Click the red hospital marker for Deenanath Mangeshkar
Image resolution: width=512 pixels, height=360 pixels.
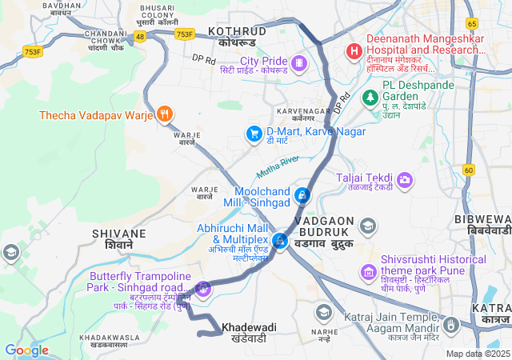click(x=353, y=52)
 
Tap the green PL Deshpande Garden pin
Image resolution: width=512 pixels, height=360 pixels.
click(x=370, y=98)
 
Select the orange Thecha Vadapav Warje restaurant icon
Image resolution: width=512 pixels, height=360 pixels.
click(x=165, y=114)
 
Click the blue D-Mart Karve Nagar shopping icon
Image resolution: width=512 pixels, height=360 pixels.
click(x=254, y=133)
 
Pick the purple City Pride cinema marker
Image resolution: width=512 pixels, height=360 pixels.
click(x=298, y=62)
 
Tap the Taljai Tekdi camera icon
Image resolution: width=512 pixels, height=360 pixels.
click(x=405, y=180)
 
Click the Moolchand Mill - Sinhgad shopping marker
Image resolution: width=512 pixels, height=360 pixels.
click(x=302, y=194)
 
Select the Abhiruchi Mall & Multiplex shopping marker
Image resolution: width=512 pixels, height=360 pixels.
click(x=280, y=240)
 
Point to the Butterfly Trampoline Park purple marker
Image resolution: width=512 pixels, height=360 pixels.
click(x=203, y=288)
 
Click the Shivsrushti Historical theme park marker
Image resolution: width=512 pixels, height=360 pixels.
click(x=368, y=272)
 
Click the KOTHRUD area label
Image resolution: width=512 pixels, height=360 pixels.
click(x=237, y=30)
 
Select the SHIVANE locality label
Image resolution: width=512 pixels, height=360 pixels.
click(x=119, y=234)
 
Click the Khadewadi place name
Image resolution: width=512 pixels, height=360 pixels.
click(x=249, y=328)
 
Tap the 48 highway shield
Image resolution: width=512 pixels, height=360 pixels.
click(x=141, y=37)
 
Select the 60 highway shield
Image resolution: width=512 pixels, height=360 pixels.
click(x=469, y=170)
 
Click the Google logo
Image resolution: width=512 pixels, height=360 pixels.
click(x=26, y=350)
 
